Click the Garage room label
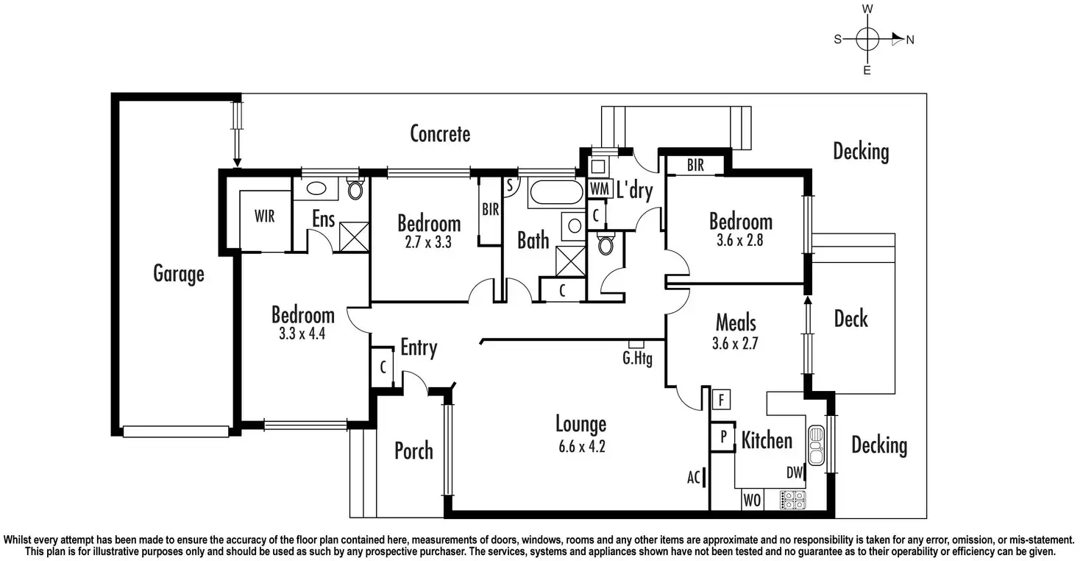coord(178,274)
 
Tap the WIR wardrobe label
coord(265,217)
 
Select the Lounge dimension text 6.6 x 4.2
coord(580,445)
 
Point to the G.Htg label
coord(637,360)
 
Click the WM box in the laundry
coord(600,188)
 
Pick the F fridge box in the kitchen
coord(722,401)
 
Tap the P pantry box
coord(723,437)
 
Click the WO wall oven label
coord(751,501)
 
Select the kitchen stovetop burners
coord(793,500)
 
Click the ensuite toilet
coord(355,190)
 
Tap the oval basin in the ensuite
coord(318,188)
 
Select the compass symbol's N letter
coord(910,40)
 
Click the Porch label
coord(413,451)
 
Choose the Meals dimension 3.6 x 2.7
coord(735,343)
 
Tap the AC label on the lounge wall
coord(693,477)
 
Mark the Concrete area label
coord(440,134)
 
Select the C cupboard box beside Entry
coord(383,367)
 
